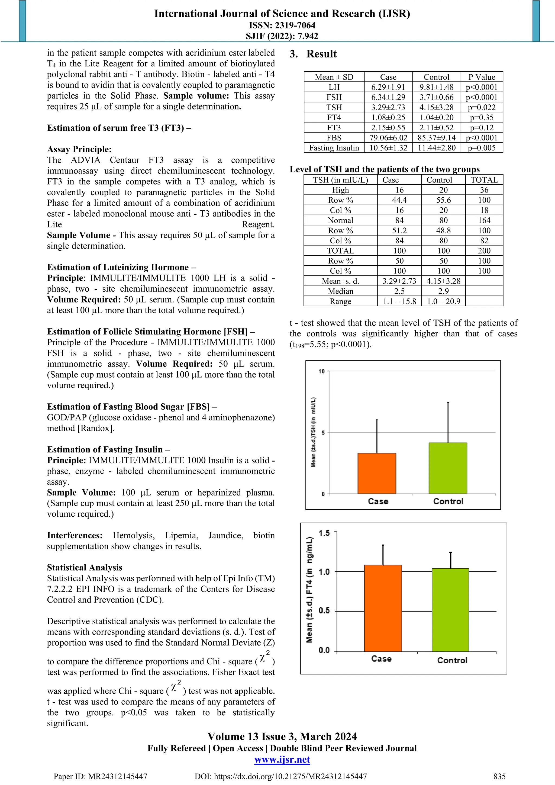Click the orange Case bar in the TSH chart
click(x=377, y=474)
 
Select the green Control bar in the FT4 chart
click(x=450, y=610)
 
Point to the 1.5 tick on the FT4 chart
click(x=324, y=533)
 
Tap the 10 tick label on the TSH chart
click(x=321, y=371)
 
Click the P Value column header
click(x=482, y=77)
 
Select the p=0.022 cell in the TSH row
click(x=482, y=107)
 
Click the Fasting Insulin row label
click(x=334, y=148)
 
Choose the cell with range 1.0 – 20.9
click(x=443, y=301)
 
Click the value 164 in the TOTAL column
click(x=484, y=220)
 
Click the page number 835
click(x=499, y=776)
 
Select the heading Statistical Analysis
click(x=84, y=567)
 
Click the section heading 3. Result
click(x=313, y=54)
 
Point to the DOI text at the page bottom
click(x=280, y=776)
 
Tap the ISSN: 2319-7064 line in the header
click(x=282, y=25)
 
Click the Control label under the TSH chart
click(x=448, y=501)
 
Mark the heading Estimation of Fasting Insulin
click(x=105, y=449)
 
